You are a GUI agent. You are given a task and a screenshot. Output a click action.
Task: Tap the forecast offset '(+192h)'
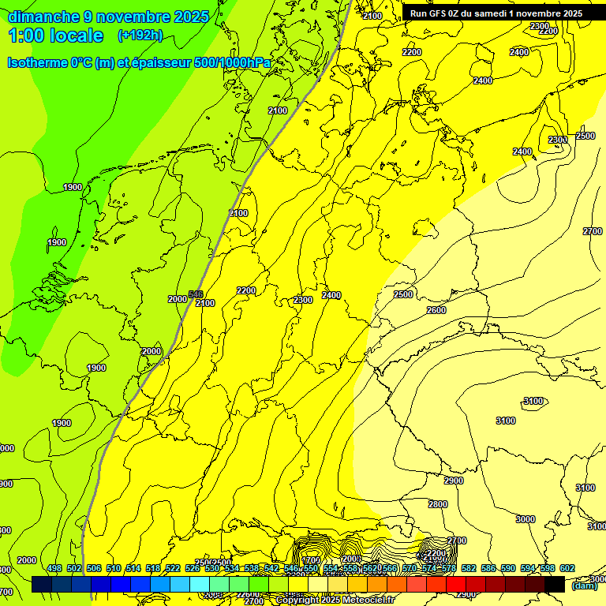(140, 35)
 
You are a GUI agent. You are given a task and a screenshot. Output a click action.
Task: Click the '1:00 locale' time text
(55, 36)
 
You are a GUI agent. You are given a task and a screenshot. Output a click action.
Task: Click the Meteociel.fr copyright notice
(335, 600)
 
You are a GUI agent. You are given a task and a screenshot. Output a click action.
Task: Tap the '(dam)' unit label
(584, 585)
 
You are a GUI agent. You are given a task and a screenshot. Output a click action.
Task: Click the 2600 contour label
(436, 310)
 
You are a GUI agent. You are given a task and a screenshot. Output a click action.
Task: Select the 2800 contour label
(438, 504)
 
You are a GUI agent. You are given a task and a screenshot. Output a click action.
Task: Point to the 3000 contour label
(525, 519)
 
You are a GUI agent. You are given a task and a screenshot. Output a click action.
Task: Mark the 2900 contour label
(454, 481)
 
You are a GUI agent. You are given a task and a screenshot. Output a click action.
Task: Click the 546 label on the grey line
(196, 294)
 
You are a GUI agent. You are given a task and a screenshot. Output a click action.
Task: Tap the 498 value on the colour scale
(54, 568)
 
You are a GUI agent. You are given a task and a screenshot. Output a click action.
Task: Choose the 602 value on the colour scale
(567, 568)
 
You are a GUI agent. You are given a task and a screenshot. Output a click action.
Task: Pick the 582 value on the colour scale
(469, 568)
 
